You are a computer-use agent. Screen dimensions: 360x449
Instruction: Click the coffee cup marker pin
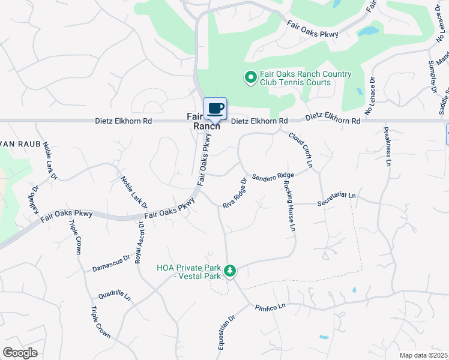215,109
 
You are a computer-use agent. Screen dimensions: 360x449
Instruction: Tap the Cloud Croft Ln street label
301,150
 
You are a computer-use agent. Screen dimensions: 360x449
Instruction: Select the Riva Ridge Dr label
235,193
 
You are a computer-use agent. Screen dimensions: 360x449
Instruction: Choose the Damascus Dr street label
111,263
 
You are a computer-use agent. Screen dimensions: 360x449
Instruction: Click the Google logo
20,353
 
